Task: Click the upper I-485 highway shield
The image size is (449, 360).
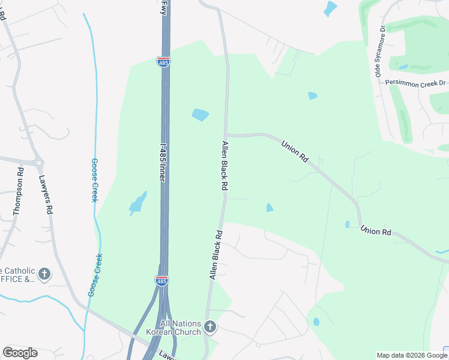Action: [163, 62]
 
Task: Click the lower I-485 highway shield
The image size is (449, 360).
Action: [161, 280]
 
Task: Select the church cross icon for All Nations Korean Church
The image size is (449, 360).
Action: [209, 327]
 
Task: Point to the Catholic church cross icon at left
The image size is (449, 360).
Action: [44, 274]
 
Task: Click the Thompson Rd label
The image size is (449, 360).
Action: [19, 191]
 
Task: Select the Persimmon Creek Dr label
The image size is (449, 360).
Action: [416, 82]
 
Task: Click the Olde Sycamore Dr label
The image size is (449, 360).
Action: [379, 52]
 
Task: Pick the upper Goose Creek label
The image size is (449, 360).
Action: [94, 180]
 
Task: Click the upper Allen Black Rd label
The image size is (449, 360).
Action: [225, 166]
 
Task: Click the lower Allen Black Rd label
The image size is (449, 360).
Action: [216, 254]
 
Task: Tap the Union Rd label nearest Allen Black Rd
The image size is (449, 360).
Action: [295, 150]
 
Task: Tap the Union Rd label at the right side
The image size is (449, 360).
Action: [376, 231]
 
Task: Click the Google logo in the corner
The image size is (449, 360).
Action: [20, 352]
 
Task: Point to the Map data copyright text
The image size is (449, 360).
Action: [412, 355]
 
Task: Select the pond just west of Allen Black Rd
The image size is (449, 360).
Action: [200, 114]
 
